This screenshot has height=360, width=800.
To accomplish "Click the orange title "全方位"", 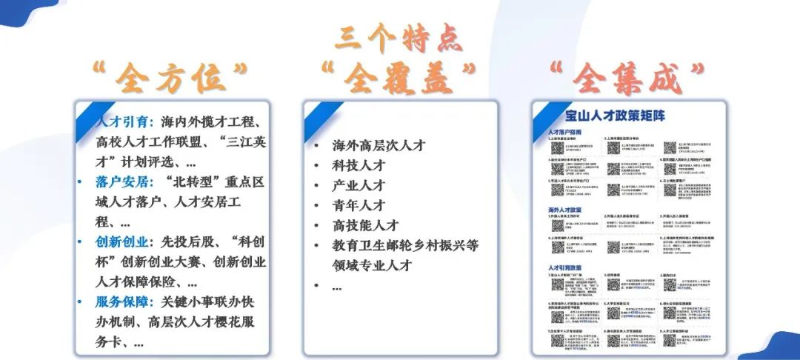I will coord(169,76).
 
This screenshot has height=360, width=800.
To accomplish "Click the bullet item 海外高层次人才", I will coord(378,145).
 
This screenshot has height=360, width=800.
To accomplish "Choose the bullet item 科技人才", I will coord(359,165).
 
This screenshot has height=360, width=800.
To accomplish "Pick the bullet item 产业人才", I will coord(359,185).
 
